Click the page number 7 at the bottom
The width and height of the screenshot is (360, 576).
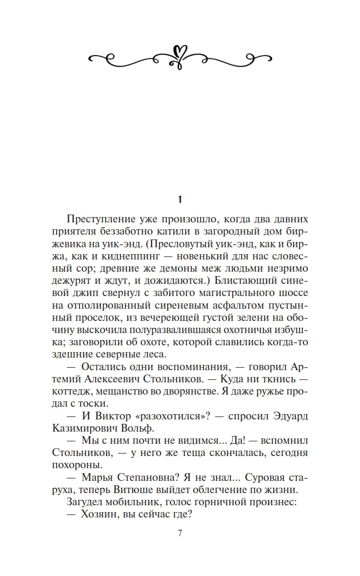coord(180,533)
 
